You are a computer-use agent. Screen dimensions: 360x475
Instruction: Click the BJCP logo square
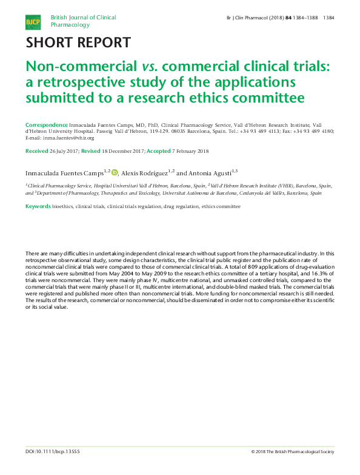point(32,22)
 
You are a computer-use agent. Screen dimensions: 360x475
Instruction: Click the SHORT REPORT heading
point(78,42)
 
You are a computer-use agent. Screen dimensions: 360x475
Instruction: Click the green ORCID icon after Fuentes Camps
point(115,172)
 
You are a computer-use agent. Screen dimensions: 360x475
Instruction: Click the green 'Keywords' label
point(38,206)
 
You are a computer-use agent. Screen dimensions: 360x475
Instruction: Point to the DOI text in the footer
point(53,468)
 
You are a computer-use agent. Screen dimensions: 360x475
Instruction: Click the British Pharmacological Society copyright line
point(293,468)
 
